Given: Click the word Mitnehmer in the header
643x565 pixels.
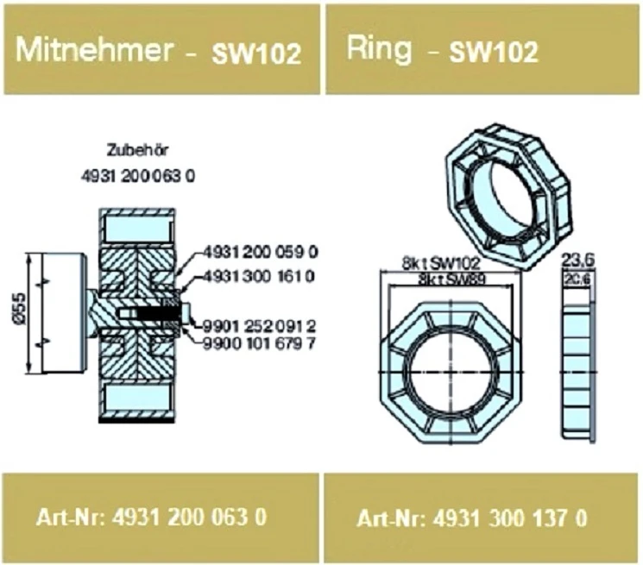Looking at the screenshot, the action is (x=94, y=50).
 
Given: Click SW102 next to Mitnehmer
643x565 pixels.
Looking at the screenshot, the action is (x=256, y=53).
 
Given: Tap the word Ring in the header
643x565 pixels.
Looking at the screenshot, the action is (x=379, y=49).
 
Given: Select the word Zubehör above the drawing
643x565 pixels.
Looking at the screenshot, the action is (x=137, y=150).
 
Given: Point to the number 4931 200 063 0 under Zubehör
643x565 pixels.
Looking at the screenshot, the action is (x=138, y=177).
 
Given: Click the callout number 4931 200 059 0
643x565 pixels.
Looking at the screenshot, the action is (x=261, y=253).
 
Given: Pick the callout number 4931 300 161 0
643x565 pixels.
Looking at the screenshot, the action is (x=260, y=277).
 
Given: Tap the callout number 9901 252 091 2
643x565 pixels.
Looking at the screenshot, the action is (x=260, y=327).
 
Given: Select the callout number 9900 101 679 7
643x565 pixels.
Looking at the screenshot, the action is (x=260, y=343).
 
